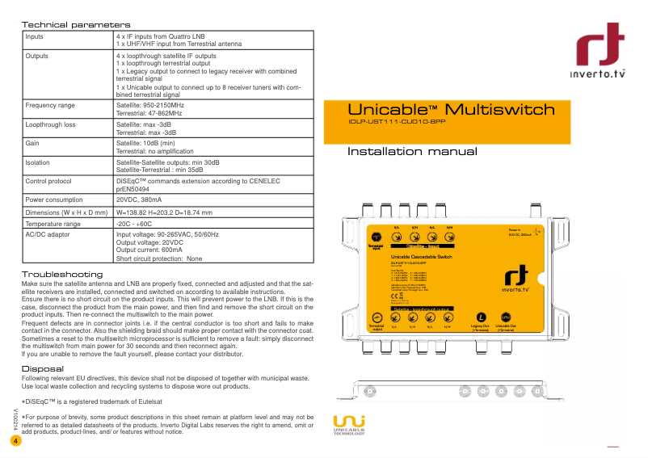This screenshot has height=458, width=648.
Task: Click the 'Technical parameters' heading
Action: [75, 26]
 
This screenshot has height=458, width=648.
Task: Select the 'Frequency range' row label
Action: [50, 106]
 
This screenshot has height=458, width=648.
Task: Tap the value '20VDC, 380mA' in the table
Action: [139, 200]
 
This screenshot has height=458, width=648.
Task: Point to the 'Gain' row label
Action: [33, 144]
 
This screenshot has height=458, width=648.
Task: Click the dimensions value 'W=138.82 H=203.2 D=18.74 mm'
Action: [164, 212]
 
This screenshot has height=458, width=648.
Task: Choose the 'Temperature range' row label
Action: [53, 224]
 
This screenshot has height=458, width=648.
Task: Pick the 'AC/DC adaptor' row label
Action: [48, 234]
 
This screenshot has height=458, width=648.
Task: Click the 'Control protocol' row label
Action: [53, 182]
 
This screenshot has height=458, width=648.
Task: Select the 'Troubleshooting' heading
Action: [61, 275]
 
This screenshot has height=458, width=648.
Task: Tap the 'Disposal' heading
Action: [40, 369]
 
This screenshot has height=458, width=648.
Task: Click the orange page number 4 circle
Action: [15, 441]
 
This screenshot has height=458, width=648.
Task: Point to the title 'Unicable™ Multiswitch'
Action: [451, 110]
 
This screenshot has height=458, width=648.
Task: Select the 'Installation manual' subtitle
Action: [412, 152]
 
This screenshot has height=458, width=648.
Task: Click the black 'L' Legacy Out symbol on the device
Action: [482, 317]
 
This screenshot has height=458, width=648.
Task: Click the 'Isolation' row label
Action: [37, 162]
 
